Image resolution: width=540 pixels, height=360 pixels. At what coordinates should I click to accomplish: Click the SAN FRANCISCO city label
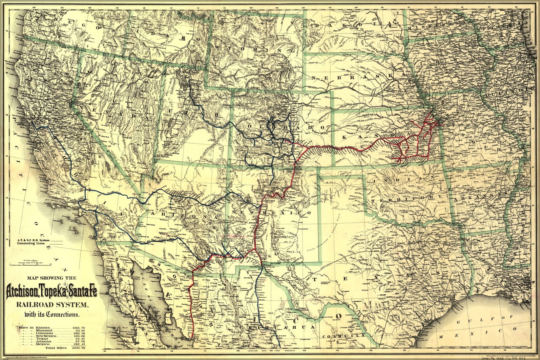coord(25,126)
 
